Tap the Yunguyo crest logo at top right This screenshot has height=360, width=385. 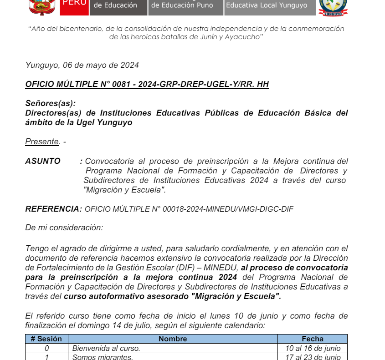(x=333, y=7)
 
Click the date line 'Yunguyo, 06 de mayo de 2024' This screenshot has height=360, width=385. (x=82, y=65)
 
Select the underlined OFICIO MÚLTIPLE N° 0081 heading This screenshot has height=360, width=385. (x=147, y=84)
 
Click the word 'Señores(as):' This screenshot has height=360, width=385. (x=51, y=103)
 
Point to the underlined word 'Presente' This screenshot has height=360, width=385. (x=42, y=142)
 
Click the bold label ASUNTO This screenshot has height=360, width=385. (x=43, y=161)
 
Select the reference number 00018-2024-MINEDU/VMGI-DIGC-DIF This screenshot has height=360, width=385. (x=189, y=209)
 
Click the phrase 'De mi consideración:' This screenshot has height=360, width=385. (x=64, y=227)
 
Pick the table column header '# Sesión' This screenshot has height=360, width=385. (x=46, y=339)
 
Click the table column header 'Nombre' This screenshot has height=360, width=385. (x=173, y=339)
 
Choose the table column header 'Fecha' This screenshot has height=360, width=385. (x=313, y=339)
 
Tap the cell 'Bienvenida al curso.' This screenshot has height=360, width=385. (x=106, y=348)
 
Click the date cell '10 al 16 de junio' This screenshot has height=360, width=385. (x=313, y=348)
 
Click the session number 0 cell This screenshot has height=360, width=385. (x=46, y=348)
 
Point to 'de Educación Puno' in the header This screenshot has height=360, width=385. (x=182, y=5)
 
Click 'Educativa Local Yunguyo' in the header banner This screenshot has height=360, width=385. (x=267, y=6)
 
